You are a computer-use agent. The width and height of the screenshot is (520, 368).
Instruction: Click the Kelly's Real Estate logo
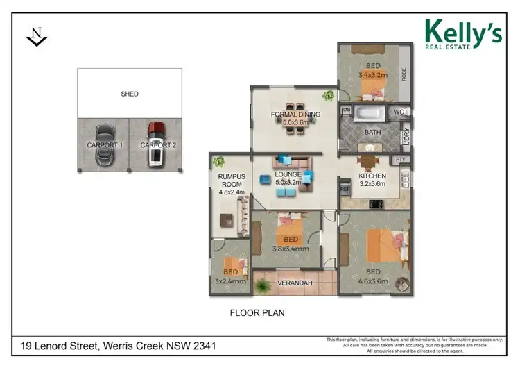462,34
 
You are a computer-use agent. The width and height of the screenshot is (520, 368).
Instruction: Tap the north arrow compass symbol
36,37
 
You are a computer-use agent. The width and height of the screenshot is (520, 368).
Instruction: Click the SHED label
129,94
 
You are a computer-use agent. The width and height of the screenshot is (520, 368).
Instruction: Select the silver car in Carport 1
103,144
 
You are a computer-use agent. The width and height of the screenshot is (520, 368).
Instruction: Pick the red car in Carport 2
156,144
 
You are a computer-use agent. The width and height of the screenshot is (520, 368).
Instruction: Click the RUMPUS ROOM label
227,181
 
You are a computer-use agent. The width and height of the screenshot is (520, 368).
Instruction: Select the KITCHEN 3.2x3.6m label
372,181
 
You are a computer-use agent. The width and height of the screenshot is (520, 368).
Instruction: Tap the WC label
398,112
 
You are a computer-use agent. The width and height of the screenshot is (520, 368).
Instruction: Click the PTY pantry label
399,160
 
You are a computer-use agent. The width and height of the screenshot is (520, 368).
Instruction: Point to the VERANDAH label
295,283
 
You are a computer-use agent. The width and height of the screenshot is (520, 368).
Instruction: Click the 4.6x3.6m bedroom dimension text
372,281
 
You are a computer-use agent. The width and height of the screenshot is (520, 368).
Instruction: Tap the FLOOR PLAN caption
257,313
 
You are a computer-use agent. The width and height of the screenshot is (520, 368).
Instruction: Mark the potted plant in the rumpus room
219,162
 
